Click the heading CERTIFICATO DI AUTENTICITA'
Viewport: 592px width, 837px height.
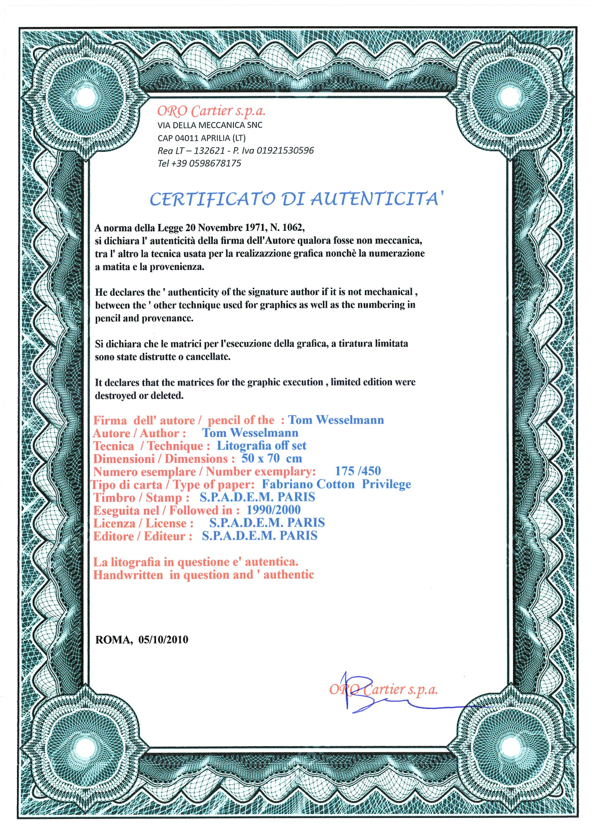tap(297, 199)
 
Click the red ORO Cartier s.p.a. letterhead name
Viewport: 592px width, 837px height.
tap(211, 110)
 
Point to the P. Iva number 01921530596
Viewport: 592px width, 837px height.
tap(285, 150)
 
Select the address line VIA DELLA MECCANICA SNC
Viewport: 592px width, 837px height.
tap(210, 125)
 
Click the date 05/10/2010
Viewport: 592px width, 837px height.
tap(163, 640)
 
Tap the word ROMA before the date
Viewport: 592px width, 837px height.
tap(114, 640)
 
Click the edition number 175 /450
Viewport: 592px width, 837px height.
tap(358, 471)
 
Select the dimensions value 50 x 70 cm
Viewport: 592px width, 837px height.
tap(272, 458)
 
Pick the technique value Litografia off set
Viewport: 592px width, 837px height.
tap(261, 445)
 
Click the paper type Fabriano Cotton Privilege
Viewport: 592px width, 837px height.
tap(336, 484)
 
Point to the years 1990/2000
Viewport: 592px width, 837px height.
tap(273, 510)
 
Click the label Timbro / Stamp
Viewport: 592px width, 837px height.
tap(141, 497)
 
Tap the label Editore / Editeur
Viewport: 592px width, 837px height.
tap(142, 536)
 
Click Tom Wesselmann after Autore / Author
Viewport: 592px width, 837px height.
tap(250, 433)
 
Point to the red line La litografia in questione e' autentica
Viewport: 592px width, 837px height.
tap(196, 562)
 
